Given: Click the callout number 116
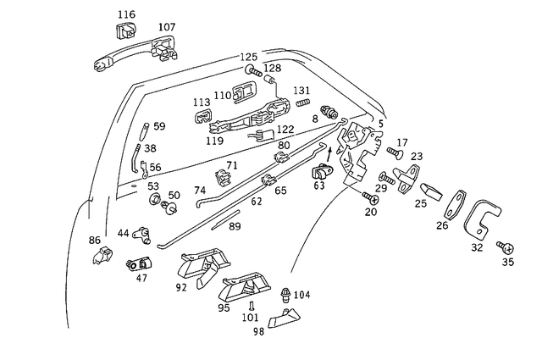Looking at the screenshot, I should (x=126, y=14).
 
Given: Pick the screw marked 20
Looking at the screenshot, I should (x=370, y=197).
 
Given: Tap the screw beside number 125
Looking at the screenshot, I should (x=252, y=69).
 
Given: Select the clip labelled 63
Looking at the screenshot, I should (x=319, y=170).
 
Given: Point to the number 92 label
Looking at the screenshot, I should (x=180, y=287).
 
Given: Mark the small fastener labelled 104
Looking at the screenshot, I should (x=285, y=295).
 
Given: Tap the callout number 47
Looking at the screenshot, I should (x=141, y=277).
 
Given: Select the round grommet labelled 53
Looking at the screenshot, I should (x=157, y=199).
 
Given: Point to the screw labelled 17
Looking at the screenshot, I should (x=394, y=152).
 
